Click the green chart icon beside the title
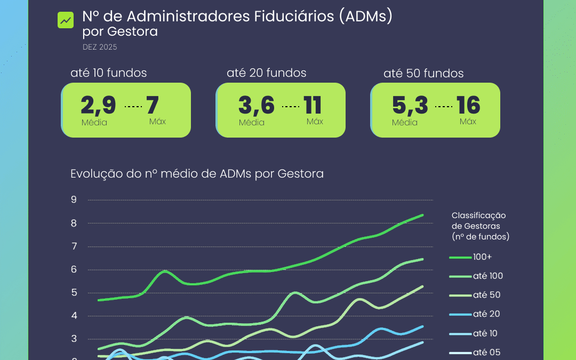click(66, 20)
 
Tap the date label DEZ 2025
click(100, 47)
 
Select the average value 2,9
click(98, 106)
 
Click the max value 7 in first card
click(153, 106)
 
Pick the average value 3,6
click(257, 106)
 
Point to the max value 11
click(313, 106)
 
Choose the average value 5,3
click(410, 106)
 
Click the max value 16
click(468, 106)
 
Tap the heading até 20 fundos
click(267, 73)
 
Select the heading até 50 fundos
click(423, 74)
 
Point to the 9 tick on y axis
click(74, 200)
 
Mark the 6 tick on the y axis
click(74, 269)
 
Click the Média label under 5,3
click(404, 123)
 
